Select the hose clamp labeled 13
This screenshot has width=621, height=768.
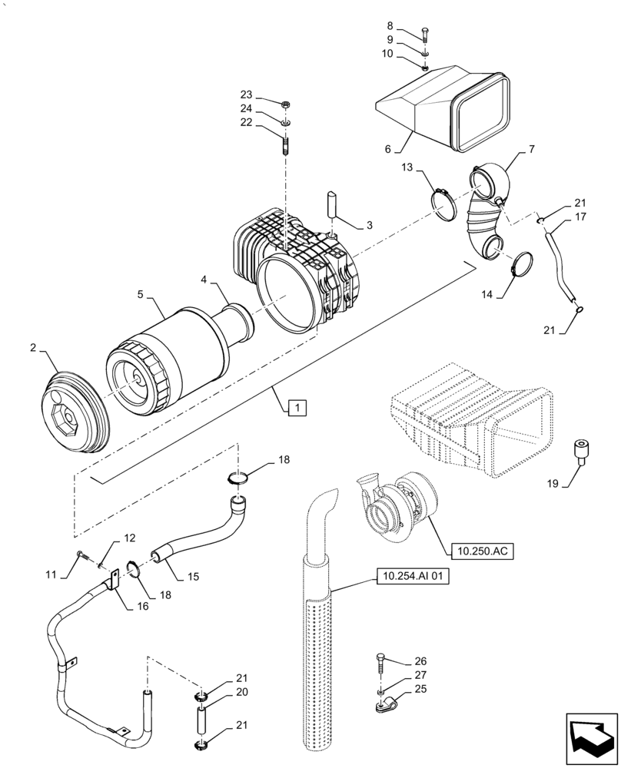(x=443, y=204)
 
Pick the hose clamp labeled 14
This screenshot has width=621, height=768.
(x=518, y=265)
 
